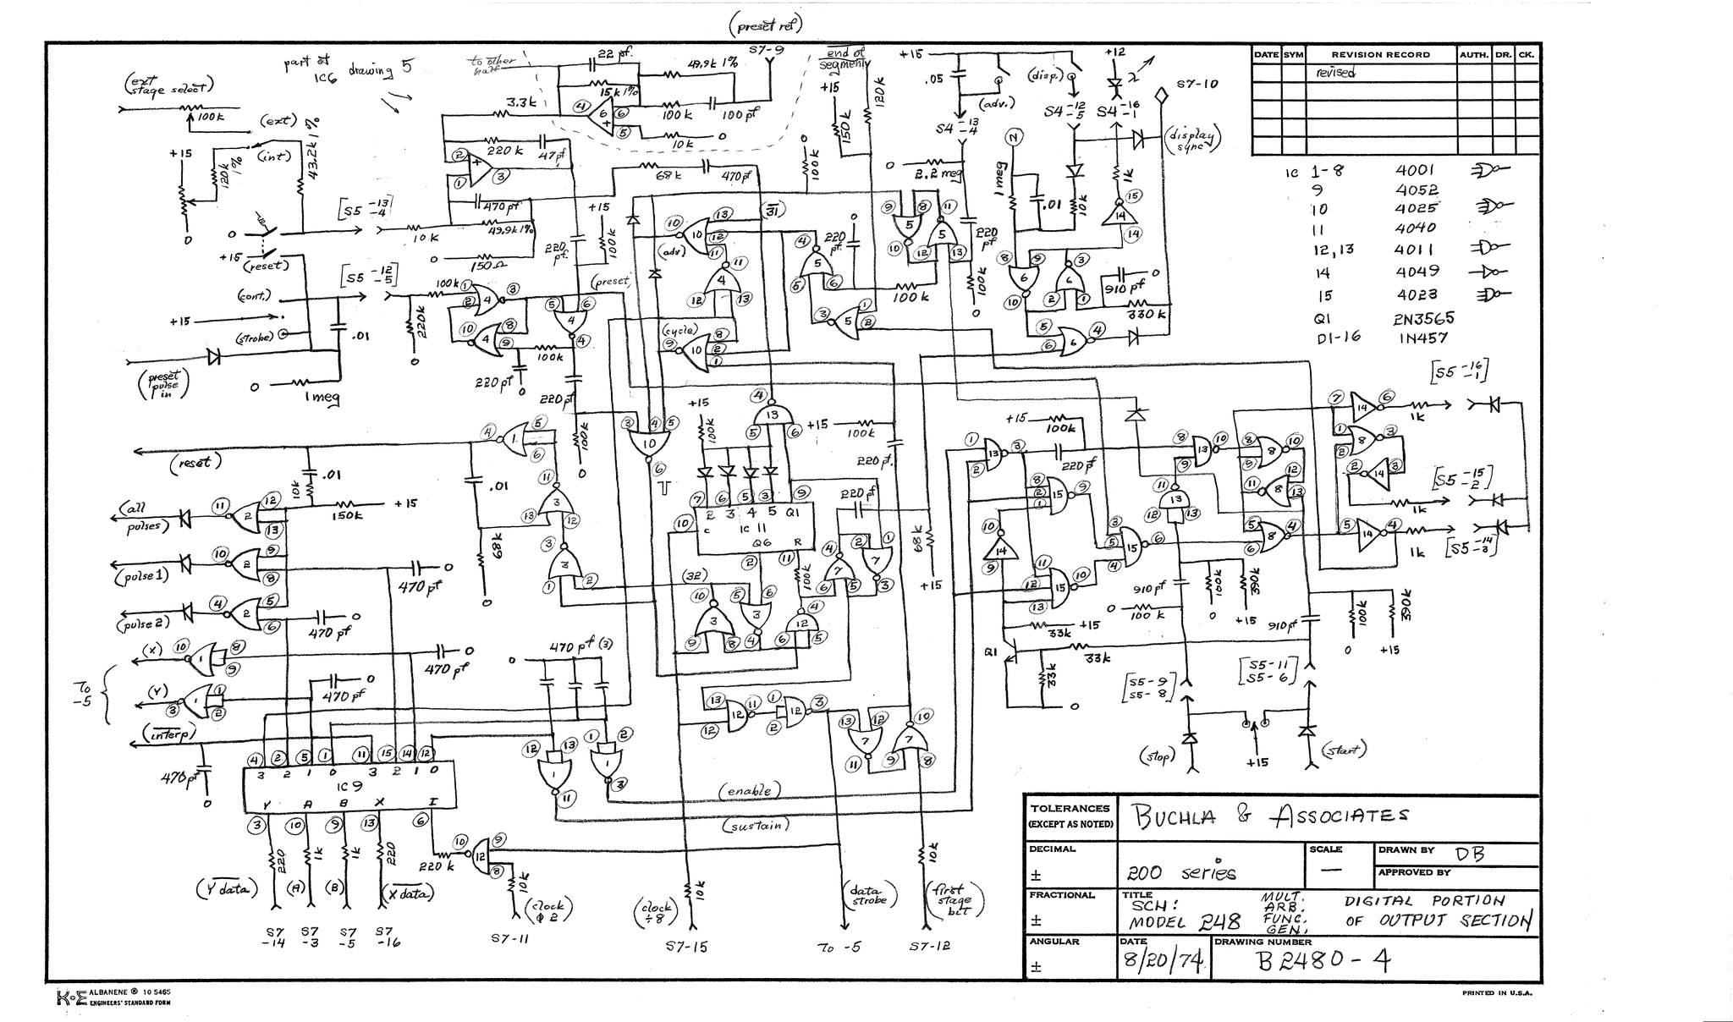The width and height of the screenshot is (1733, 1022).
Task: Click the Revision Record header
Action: pos(1380,54)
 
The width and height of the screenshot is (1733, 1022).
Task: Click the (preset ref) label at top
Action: pos(765,26)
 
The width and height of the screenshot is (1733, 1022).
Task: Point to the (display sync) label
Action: pos(1194,140)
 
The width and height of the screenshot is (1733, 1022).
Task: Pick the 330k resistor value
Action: pos(1147,315)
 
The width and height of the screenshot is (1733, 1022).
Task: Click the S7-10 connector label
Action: pos(1197,85)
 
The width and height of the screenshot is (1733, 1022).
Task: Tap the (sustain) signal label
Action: pos(754,824)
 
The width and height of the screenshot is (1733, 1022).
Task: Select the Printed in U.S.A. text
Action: pos(1497,993)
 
